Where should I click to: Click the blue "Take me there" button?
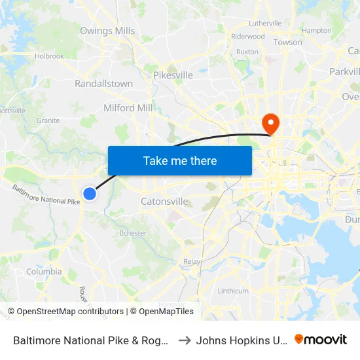tap(180, 160)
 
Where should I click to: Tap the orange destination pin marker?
tap(270, 123)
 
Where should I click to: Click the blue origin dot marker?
tap(90, 193)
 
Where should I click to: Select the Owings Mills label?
tap(107, 31)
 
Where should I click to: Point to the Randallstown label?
tap(103, 84)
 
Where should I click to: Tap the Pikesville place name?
tap(173, 75)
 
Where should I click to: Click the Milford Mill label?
tap(128, 108)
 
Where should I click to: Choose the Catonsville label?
tap(165, 202)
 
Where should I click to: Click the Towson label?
tap(288, 43)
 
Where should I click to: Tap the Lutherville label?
tap(265, 23)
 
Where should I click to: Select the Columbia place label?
tap(44, 272)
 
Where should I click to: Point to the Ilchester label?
tap(133, 233)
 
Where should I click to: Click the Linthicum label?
tap(233, 291)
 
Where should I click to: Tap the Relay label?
tap(192, 261)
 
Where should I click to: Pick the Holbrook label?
tap(50, 56)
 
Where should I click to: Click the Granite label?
tap(48, 120)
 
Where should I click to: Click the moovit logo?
tap(321, 340)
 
